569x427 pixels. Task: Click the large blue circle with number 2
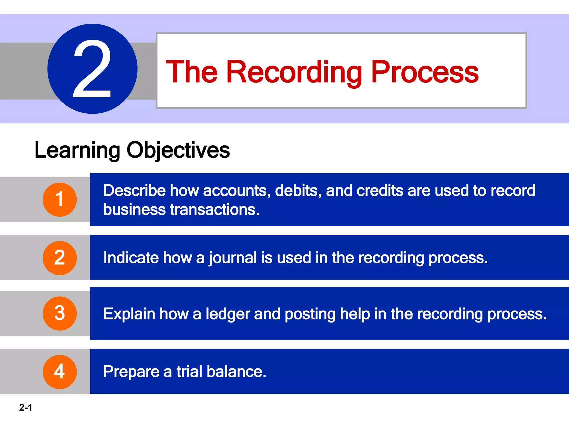pos(92,69)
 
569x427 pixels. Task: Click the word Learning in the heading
pos(77,150)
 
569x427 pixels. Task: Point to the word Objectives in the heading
pos(178,150)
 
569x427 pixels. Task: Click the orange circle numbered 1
pos(60,200)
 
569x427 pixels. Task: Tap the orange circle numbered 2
pos(60,258)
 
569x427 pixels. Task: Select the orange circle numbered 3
pos(60,314)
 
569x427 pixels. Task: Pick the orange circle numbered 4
pos(60,372)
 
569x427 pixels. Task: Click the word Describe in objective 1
pos(134,191)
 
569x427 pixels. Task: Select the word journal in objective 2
pos(233,258)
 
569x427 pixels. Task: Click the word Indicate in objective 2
pos(131,258)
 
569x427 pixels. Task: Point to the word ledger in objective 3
pos(228,314)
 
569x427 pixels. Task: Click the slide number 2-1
pos(26,408)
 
